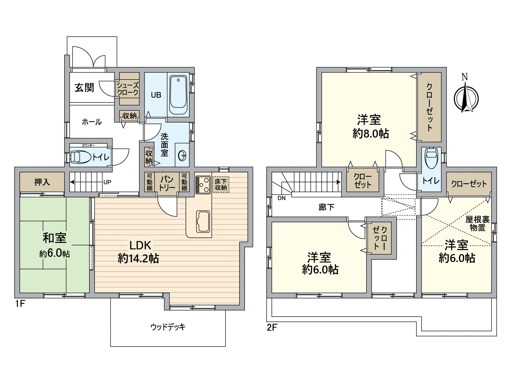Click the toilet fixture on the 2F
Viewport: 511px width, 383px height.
pos(431,158)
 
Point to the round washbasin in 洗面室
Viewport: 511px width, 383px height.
pos(182,156)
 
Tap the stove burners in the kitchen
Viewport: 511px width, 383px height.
pos(203,184)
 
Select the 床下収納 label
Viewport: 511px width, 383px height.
pos(221,184)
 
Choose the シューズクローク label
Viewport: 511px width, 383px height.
pos(128,89)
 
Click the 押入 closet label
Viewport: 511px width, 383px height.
pos(42,182)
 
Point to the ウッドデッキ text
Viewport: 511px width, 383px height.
pos(168,327)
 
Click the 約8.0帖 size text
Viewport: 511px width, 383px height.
pos(370,133)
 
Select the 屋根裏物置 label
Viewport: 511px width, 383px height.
pos(477,223)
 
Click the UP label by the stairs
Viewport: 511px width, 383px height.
pos(107,182)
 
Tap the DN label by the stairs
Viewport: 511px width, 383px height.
pos(281,198)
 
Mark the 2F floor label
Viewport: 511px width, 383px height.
pos(272,327)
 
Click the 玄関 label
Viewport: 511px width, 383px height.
pos(84,87)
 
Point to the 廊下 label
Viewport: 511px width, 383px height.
pos(326,207)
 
